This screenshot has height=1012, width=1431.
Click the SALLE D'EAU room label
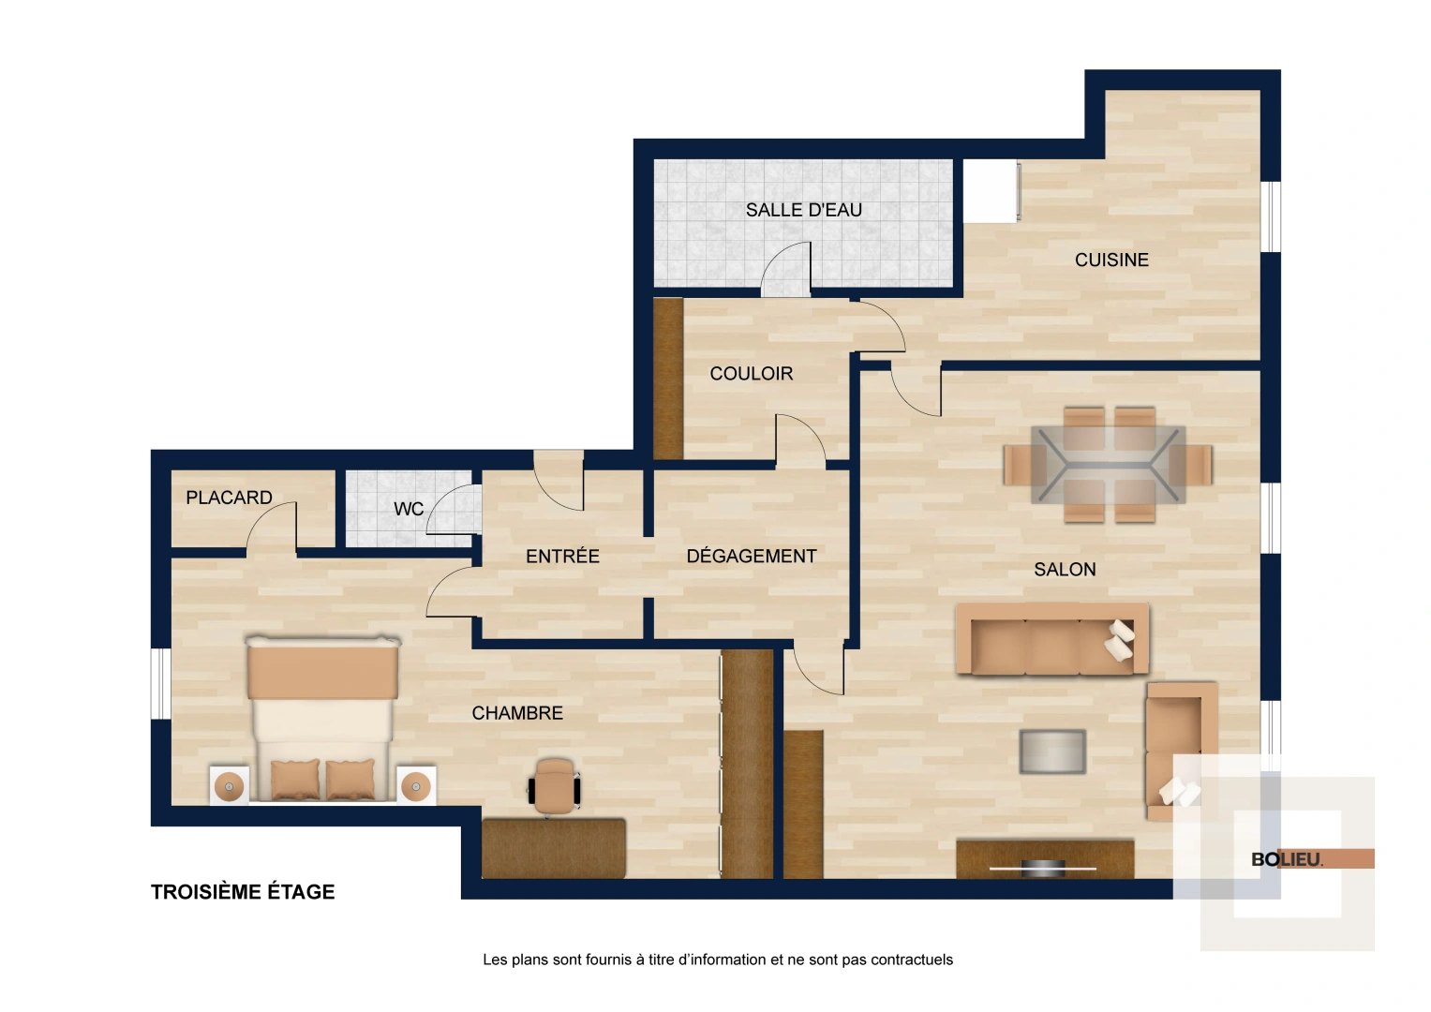pos(803,210)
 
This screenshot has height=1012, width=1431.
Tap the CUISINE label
pos(1111,260)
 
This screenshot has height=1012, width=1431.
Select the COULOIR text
pos(751,373)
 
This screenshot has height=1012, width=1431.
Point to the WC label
pos(409,509)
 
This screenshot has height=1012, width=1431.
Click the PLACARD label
pos(229,498)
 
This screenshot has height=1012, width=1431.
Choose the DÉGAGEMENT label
pos(751,556)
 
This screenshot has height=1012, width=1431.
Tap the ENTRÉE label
pos(562,556)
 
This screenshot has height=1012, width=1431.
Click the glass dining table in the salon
pos(1108,465)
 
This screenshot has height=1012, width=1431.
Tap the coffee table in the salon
pos(1052,752)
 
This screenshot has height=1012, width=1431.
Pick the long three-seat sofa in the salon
pos(1051,640)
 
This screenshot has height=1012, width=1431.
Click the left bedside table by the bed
pos(229,785)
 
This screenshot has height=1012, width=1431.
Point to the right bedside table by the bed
pos(417,785)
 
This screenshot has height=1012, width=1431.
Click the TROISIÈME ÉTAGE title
pos(243,891)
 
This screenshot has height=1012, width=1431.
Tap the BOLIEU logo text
pos(1287,859)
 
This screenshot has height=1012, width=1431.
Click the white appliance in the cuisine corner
pos(991,190)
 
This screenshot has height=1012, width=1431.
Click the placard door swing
pos(274,527)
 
